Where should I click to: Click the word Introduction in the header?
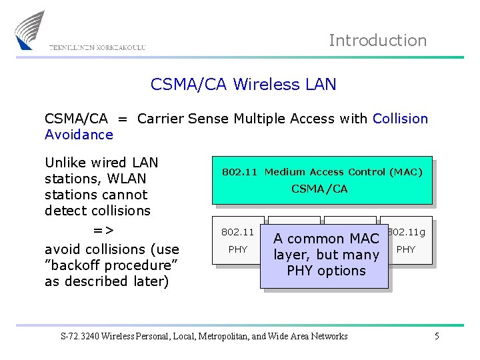pyautogui.click(x=377, y=41)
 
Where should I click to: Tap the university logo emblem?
pyautogui.click(x=29, y=30)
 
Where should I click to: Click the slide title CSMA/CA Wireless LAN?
pyautogui.click(x=243, y=85)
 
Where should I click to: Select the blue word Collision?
pyautogui.click(x=400, y=119)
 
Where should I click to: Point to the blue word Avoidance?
pyautogui.click(x=79, y=135)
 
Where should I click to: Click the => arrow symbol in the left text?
pyautogui.click(x=103, y=231)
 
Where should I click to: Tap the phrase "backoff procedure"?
pyautogui.click(x=110, y=265)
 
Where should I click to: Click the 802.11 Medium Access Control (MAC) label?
pyautogui.click(x=322, y=172)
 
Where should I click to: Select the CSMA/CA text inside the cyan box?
pyautogui.click(x=319, y=189)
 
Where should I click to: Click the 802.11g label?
pyautogui.click(x=407, y=233)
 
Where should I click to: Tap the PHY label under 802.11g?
pyautogui.click(x=405, y=249)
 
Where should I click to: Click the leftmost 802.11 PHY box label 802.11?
pyautogui.click(x=237, y=233)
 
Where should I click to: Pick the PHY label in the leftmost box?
pyautogui.click(x=237, y=249)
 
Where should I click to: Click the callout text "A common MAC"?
pyautogui.click(x=326, y=239)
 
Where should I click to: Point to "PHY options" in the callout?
pyautogui.click(x=326, y=271)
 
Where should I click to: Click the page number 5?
pyautogui.click(x=437, y=336)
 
